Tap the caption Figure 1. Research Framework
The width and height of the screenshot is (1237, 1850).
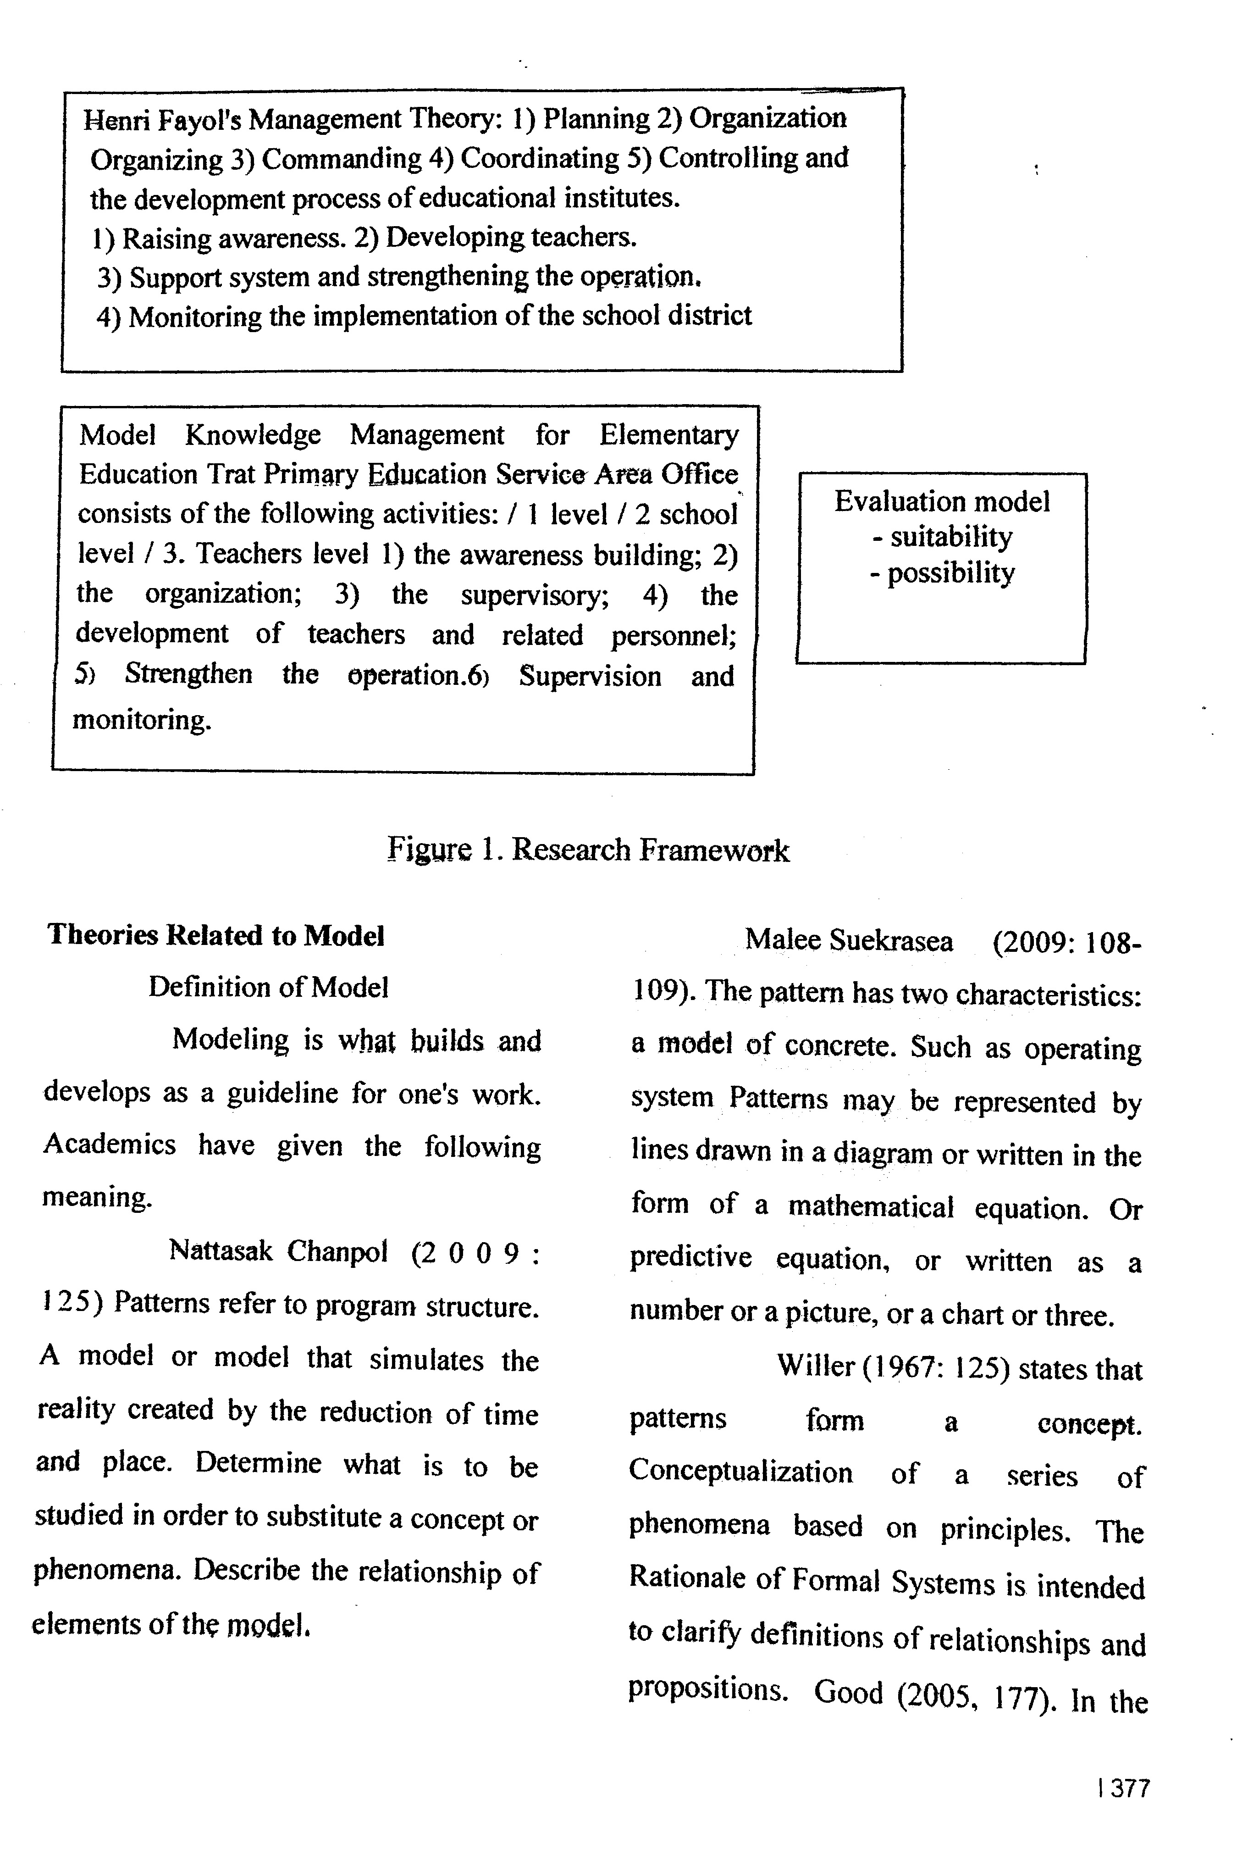pos(588,850)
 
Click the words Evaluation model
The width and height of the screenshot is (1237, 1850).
pos(942,501)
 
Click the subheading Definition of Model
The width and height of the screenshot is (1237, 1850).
pos(268,987)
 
